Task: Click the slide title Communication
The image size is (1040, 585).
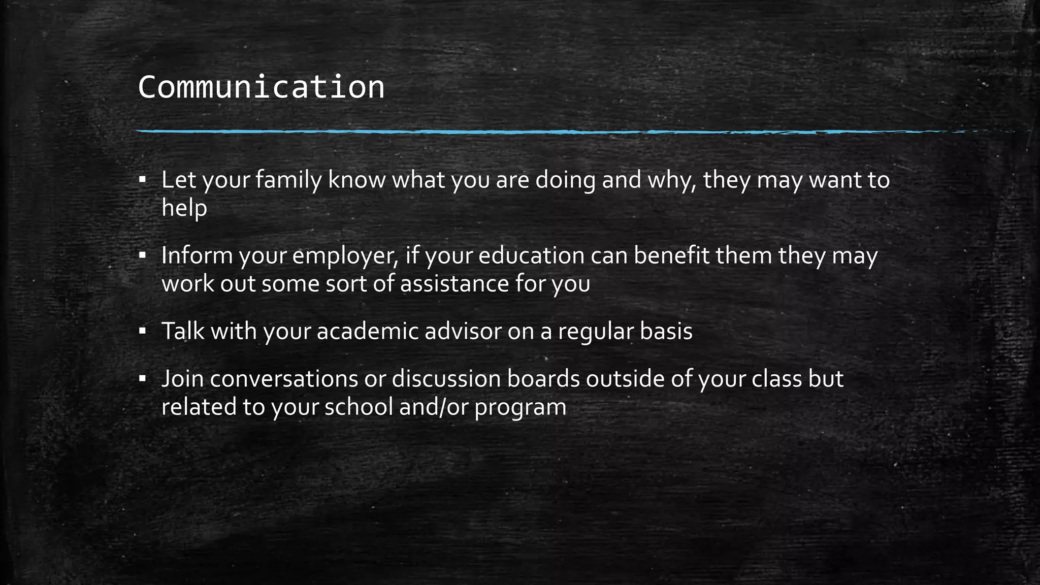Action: (261, 87)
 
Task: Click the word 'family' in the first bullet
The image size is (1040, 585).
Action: (288, 180)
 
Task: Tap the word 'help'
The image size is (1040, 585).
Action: (184, 208)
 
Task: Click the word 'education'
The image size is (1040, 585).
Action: (531, 255)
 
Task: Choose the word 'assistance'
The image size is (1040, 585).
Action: (454, 283)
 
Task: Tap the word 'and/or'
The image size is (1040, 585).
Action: (434, 407)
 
